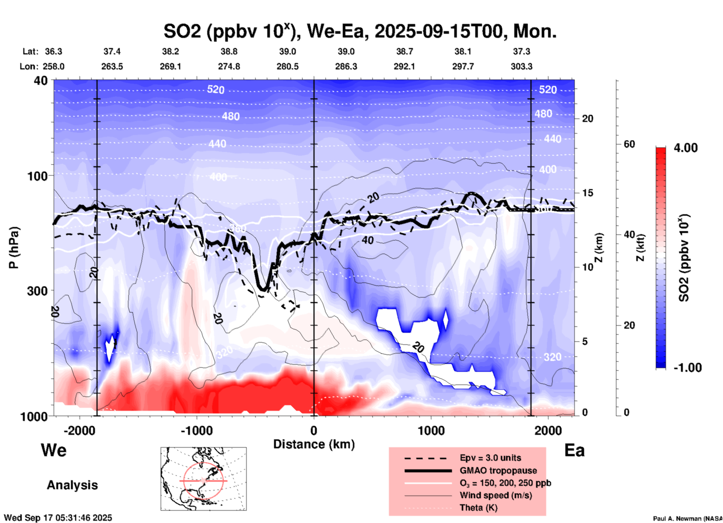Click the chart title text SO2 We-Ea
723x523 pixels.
click(360, 31)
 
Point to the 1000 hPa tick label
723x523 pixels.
click(33, 416)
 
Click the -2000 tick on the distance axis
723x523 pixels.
click(80, 431)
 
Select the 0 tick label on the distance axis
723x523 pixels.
click(314, 431)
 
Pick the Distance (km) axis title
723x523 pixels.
click(314, 444)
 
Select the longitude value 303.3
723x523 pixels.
click(521, 66)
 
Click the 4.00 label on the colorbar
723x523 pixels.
click(685, 148)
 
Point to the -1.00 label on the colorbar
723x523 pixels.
click(687, 368)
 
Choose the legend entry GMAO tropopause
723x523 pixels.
click(498, 470)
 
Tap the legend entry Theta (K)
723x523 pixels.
click(478, 508)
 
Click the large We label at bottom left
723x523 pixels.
click(54, 450)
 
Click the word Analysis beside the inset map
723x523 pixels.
click(72, 485)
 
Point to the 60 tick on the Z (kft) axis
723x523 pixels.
click(629, 144)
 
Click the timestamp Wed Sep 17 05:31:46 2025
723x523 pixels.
click(58, 518)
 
